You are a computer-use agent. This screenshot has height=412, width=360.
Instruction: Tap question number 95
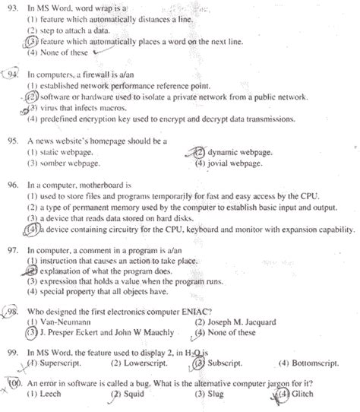[13, 141]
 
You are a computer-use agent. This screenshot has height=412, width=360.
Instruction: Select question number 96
[13, 184]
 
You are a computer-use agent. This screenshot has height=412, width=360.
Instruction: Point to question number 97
[13, 249]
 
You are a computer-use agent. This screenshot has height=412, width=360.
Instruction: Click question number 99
[13, 353]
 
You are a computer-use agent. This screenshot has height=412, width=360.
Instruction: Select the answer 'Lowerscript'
[147, 364]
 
